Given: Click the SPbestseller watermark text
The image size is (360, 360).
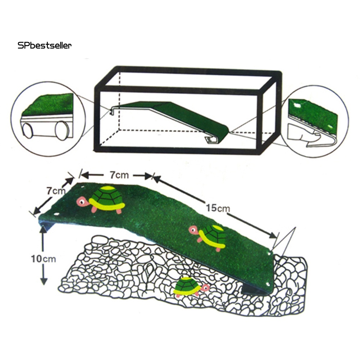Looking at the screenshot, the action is tap(45, 45).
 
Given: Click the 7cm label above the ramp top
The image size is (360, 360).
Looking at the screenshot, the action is tap(118, 175).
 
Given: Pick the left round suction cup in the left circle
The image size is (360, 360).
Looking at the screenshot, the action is tap(27, 131).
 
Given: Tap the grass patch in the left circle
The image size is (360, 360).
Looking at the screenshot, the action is tap(47, 104).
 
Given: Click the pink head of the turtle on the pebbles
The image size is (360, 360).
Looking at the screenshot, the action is tap(205, 287).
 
